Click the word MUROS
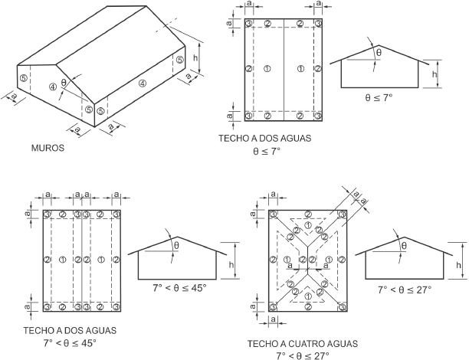click(48, 149)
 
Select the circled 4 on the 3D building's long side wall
click(142, 83)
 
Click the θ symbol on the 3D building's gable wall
click(64, 82)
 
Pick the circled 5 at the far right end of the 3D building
click(179, 59)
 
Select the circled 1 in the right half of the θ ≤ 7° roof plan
click(300, 68)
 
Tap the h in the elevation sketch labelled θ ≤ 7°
click(435, 74)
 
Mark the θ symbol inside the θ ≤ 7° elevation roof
click(378, 52)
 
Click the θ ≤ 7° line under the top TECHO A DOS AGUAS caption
click(267, 152)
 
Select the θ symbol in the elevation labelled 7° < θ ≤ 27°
click(402, 246)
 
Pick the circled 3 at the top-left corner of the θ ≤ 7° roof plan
click(250, 23)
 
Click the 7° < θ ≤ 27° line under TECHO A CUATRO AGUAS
click(301, 355)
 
